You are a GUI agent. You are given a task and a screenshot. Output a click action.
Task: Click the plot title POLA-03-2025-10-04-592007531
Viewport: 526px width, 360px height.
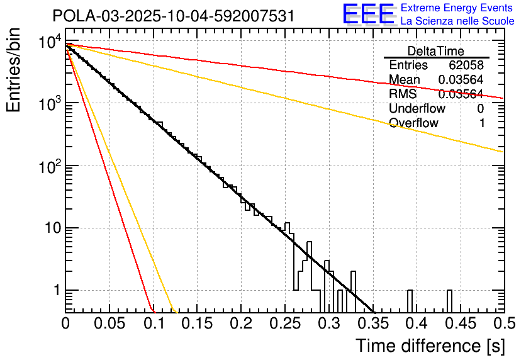coord(174,16)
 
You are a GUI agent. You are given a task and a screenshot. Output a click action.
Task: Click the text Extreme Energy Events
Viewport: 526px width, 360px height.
coord(457,8)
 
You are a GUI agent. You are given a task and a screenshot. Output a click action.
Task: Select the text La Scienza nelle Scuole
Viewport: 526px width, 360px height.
coord(457,21)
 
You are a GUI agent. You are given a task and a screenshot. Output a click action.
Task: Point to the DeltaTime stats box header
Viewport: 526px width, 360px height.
coord(436,51)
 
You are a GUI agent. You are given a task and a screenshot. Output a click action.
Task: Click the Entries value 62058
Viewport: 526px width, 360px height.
coord(466,65)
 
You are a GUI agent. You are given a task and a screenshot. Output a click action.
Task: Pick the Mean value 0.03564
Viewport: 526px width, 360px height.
coord(460,79)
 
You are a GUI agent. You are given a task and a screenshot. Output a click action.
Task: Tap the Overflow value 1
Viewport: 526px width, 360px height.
coord(482,123)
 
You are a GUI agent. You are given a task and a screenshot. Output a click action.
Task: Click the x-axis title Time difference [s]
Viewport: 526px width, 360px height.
coord(429,346)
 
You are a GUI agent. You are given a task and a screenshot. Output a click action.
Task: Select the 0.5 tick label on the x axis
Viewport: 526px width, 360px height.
coord(503,325)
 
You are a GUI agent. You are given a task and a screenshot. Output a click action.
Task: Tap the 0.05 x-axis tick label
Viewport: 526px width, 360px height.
coord(109,325)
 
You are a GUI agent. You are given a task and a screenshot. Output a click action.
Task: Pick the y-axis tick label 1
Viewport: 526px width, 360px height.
coord(55,291)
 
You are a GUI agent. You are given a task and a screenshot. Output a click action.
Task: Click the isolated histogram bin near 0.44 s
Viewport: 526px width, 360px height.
coord(450,300)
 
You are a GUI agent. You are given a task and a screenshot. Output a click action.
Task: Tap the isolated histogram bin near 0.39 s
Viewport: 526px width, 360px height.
coord(410,300)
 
